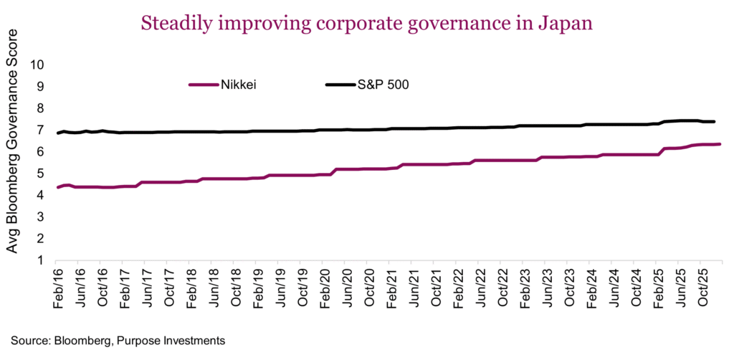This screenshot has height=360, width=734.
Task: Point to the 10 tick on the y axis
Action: [x=37, y=65]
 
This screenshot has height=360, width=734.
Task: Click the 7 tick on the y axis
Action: [x=41, y=130]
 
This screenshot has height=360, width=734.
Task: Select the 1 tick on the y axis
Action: [x=41, y=260]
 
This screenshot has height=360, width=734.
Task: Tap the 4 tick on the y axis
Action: [x=41, y=195]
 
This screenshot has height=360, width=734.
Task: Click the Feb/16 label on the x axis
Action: [x=59, y=290]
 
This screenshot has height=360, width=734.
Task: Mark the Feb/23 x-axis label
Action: [x=525, y=290]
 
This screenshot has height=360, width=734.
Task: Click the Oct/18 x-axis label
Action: [x=237, y=290]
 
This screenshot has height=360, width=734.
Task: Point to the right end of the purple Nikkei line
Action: [x=720, y=144]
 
